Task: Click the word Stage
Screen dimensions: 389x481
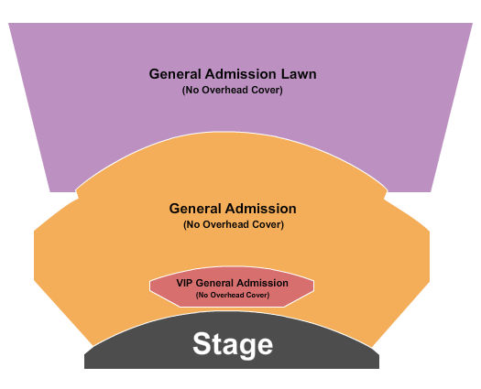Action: point(233,345)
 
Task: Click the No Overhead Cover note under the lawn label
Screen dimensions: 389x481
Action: point(232,90)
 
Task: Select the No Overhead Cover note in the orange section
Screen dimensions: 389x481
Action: point(233,224)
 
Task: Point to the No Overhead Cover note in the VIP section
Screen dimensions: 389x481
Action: point(232,295)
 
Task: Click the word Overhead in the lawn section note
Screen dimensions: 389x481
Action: point(230,90)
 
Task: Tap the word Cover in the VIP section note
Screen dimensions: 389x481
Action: point(257,295)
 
